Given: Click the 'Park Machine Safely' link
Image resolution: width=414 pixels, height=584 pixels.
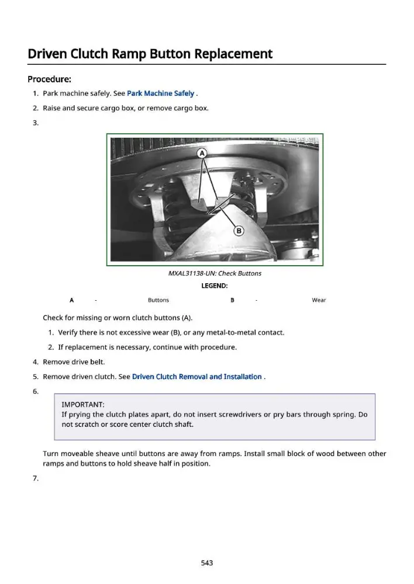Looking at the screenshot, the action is [x=160, y=93].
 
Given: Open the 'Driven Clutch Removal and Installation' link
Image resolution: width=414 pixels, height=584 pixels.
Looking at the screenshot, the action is [x=197, y=377].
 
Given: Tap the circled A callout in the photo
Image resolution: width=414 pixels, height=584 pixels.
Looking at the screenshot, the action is [x=202, y=153].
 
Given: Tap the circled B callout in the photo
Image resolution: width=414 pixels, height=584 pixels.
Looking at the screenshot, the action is [x=239, y=231].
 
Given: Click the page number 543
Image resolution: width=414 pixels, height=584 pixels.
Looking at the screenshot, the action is [x=207, y=563].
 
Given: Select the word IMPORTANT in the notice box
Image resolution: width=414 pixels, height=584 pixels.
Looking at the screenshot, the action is [x=83, y=405].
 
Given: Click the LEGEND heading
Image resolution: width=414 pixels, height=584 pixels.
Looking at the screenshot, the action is [x=215, y=286].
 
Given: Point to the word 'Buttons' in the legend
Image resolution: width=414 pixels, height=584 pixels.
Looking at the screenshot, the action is [x=158, y=300].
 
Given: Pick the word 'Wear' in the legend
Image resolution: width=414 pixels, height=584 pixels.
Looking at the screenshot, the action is [x=319, y=300].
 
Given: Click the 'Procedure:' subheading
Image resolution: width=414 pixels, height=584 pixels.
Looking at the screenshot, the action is [x=49, y=79].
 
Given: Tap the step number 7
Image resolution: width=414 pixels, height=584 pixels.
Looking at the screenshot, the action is [x=36, y=478].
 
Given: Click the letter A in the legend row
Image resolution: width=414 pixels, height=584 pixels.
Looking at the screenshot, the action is [x=71, y=300].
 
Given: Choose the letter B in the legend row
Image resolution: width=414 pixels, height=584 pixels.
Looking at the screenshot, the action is [x=232, y=300].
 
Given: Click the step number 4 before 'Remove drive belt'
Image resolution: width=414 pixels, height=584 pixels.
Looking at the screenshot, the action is [x=36, y=361].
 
